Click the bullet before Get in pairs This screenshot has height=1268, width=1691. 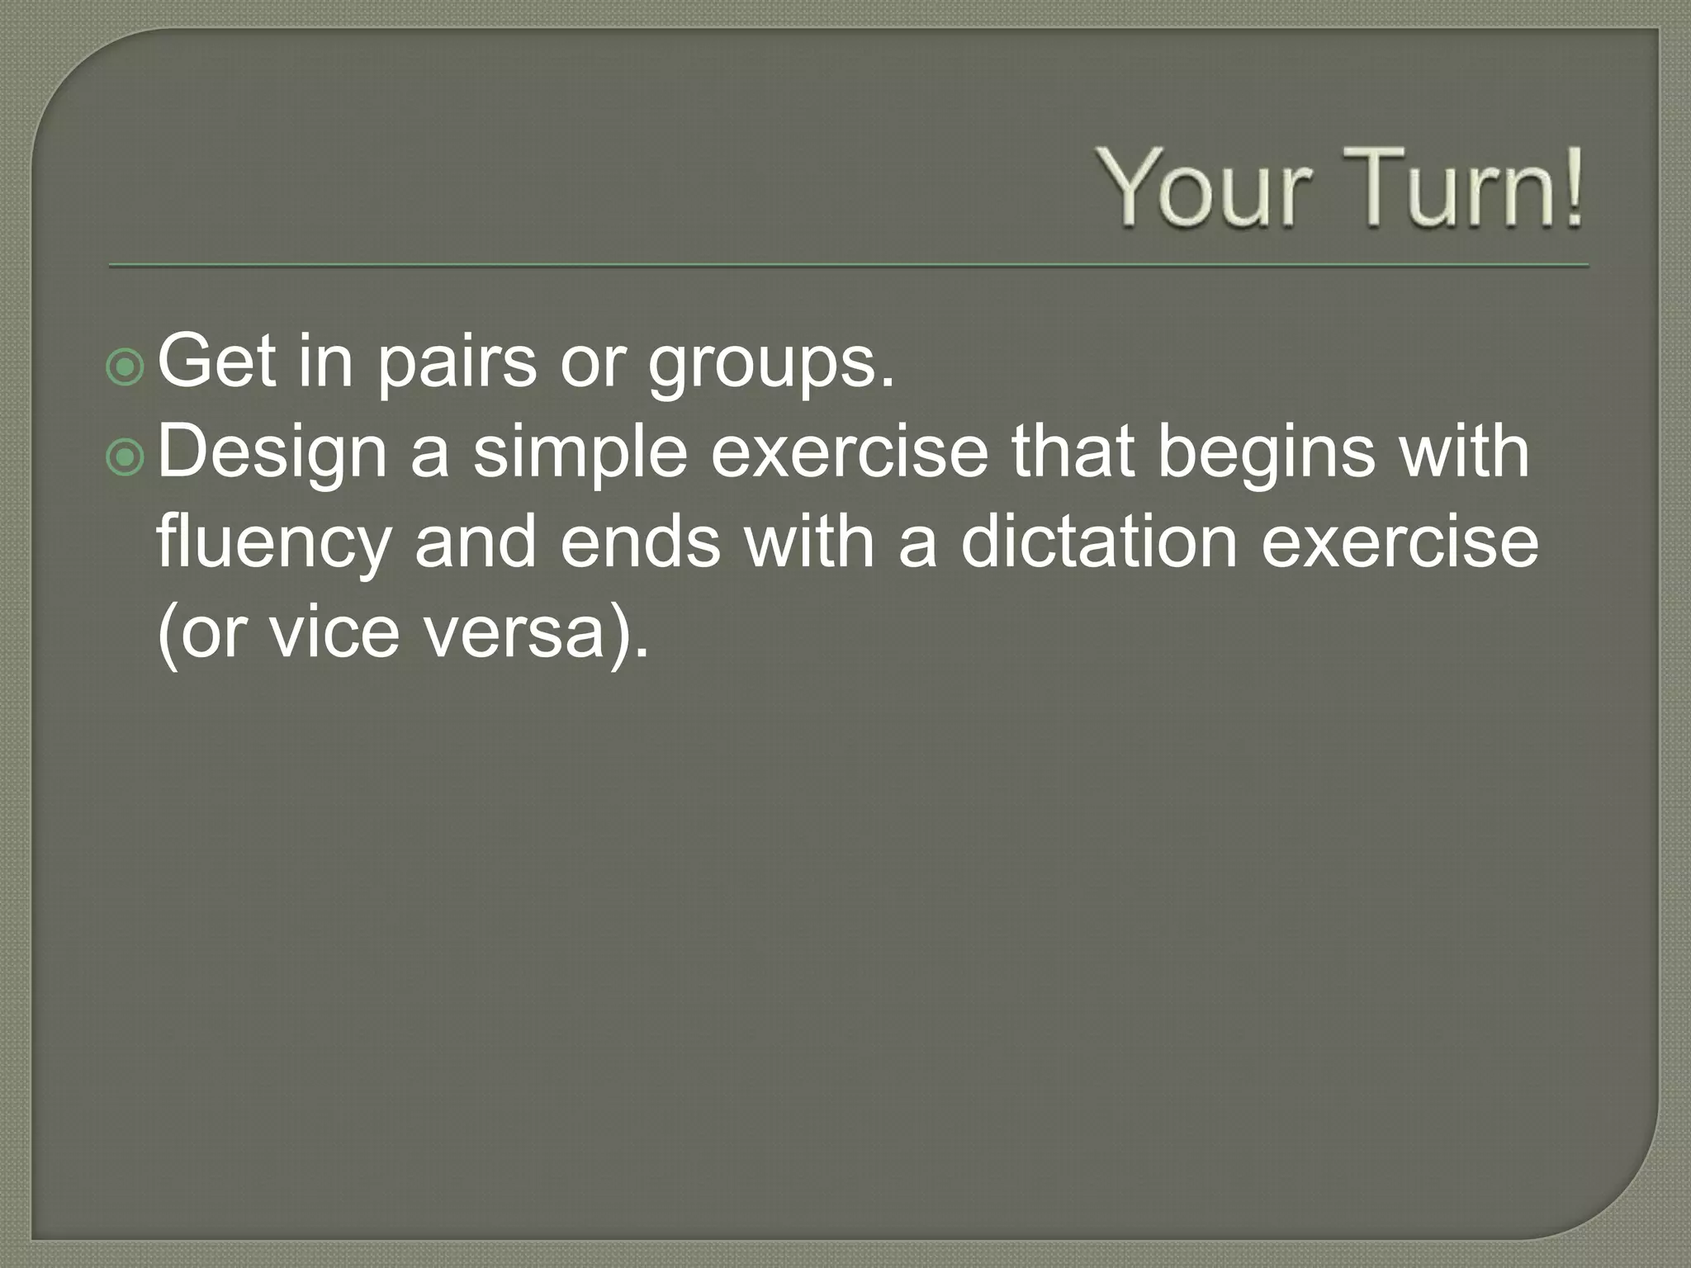pos(126,367)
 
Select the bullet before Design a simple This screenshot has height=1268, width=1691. pos(126,457)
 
